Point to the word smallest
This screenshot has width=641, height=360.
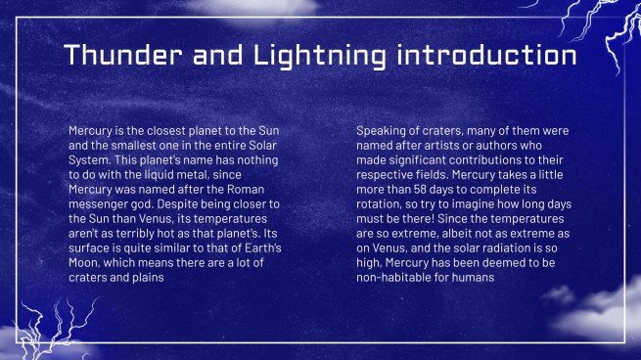pyautogui.click(x=136, y=145)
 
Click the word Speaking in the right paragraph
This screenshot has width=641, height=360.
pyautogui.click(x=383, y=130)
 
